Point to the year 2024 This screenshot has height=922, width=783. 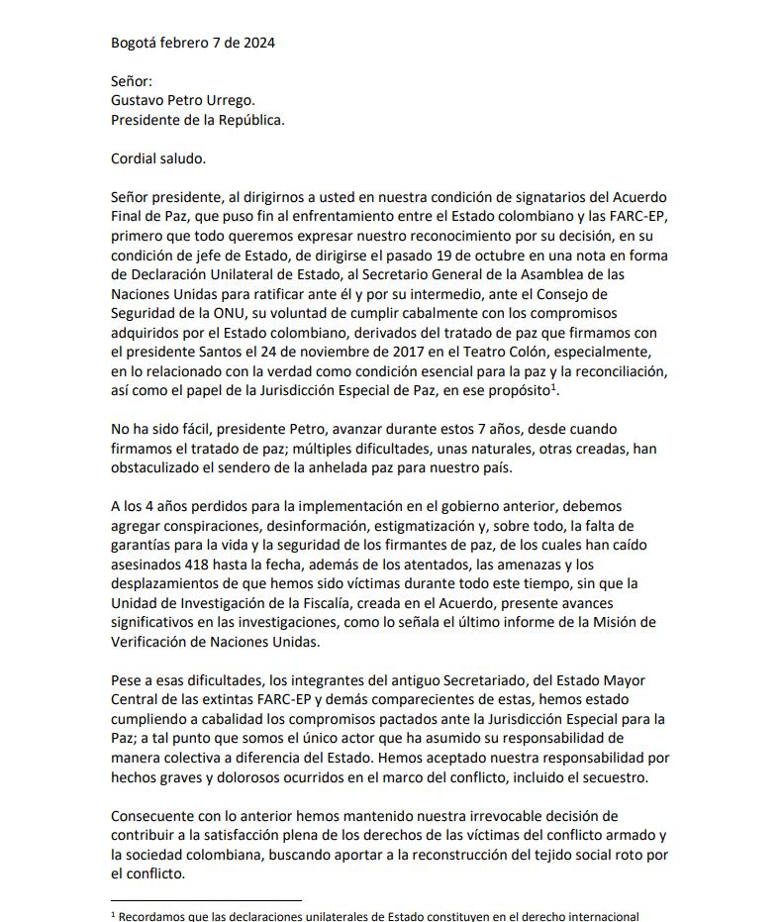[x=255, y=43]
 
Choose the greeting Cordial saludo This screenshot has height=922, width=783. [x=158, y=158]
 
